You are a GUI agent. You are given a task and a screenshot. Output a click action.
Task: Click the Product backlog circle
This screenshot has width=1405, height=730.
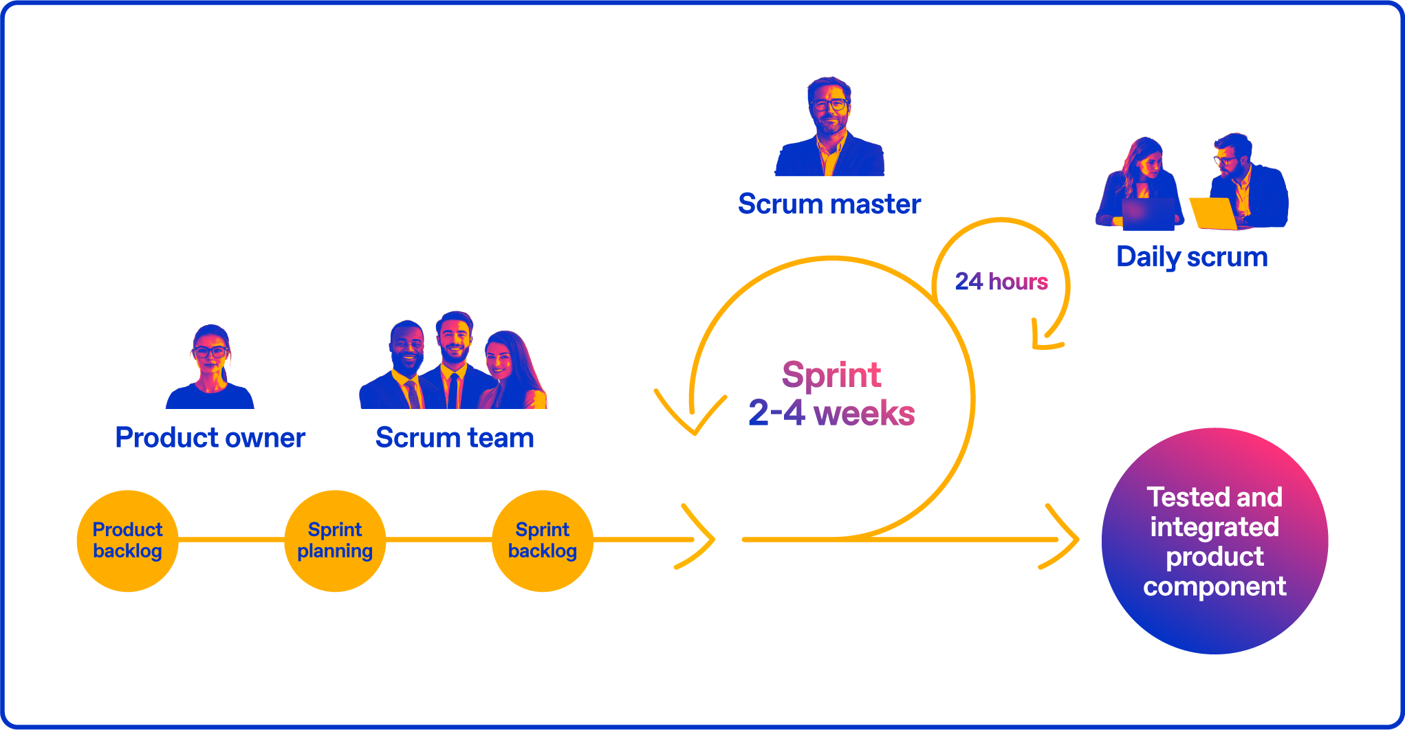click(x=127, y=541)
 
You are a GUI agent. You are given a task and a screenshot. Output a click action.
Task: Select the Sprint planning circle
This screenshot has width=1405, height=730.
click(x=335, y=541)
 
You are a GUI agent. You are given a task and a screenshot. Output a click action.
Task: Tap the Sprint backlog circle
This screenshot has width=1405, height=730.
click(x=543, y=541)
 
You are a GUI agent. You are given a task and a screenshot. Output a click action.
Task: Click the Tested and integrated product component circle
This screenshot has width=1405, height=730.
click(x=1215, y=541)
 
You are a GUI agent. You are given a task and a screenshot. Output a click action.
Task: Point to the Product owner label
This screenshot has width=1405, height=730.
click(x=210, y=438)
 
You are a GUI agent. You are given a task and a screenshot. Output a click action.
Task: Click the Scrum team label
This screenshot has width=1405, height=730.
click(x=455, y=438)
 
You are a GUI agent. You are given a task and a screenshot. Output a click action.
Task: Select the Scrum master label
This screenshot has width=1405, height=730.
click(x=829, y=204)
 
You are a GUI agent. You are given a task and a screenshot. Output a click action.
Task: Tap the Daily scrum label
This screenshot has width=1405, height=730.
click(x=1192, y=257)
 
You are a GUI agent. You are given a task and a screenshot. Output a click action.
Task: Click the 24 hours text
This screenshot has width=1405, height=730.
click(x=1001, y=282)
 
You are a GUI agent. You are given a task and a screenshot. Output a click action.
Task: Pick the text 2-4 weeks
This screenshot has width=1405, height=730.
click(x=831, y=414)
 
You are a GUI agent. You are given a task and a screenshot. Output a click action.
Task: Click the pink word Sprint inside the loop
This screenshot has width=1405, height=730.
click(x=831, y=375)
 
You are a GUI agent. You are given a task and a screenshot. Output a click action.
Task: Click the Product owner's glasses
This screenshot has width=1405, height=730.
click(x=210, y=352)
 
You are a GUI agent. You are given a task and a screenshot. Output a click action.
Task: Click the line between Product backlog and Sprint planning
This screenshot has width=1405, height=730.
click(x=231, y=540)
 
